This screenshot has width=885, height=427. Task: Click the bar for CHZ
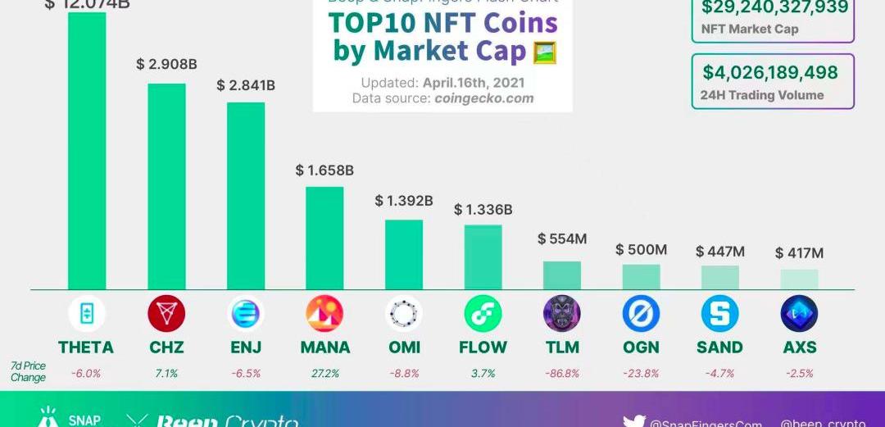166,186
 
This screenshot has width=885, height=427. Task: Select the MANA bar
324,238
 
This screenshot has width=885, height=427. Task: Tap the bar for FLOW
483,257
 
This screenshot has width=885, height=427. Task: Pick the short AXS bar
799,279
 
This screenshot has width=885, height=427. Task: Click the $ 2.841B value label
246,85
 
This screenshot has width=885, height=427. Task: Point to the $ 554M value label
562,238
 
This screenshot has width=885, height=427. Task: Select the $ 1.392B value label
404,201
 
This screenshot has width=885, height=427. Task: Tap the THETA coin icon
86,314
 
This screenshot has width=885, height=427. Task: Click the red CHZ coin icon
166,314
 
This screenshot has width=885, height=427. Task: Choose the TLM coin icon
562,314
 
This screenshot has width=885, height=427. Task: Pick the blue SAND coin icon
720,314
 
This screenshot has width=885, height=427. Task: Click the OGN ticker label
641,348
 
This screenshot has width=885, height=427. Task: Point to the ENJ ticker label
246,348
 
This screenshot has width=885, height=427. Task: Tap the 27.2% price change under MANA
324,373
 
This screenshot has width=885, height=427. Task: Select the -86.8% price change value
562,373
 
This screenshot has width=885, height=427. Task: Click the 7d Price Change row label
29,371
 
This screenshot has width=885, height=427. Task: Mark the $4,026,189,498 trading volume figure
770,72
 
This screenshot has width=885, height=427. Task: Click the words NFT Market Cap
750,30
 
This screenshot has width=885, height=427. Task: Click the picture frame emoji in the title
545,52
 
